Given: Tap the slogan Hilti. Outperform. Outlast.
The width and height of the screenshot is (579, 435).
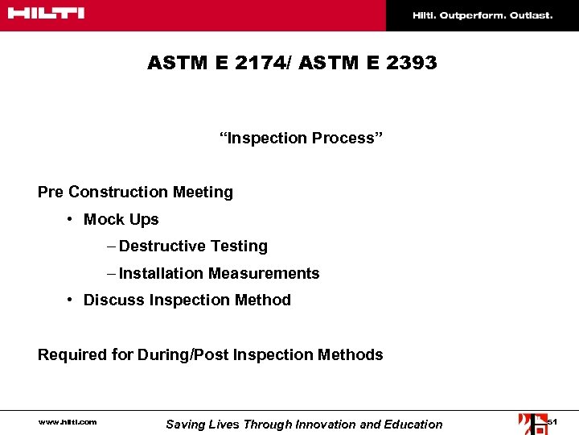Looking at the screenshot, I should pyautogui.click(x=482, y=15).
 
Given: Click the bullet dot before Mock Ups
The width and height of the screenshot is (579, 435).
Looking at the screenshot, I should pyautogui.click(x=72, y=219).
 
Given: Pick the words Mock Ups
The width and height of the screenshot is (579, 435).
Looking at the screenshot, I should pyautogui.click(x=121, y=219).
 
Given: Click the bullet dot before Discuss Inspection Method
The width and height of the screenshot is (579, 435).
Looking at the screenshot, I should pyautogui.click(x=72, y=300).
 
